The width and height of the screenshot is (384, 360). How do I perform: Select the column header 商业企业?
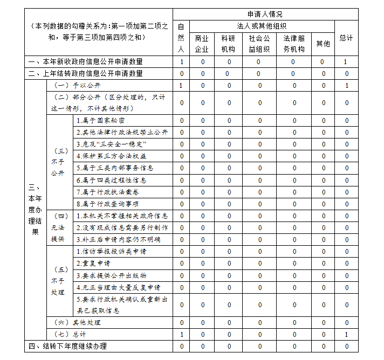click(x=202, y=44)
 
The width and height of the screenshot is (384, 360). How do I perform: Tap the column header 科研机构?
click(x=228, y=44)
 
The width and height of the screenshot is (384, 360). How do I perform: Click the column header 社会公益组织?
click(x=259, y=44)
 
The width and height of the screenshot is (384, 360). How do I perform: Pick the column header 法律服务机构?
click(x=294, y=44)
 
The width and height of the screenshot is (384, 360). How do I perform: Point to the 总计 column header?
click(x=346, y=38)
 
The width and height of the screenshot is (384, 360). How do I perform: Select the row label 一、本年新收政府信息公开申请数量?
click(x=86, y=62)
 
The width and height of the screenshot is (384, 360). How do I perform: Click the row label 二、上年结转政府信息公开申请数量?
click(x=86, y=73)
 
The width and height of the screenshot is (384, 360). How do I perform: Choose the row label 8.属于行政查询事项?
click(x=107, y=204)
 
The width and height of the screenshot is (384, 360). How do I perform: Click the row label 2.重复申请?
click(x=93, y=264)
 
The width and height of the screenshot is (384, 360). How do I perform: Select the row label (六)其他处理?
click(x=78, y=322)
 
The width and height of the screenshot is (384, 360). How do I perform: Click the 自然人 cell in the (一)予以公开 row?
click(x=181, y=85)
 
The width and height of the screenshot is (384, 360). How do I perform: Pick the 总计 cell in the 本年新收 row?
click(x=346, y=62)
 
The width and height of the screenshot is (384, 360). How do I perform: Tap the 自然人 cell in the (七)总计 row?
click(x=181, y=334)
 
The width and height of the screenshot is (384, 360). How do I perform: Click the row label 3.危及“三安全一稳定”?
click(x=111, y=144)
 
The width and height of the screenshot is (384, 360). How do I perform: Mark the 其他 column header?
click(x=323, y=44)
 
